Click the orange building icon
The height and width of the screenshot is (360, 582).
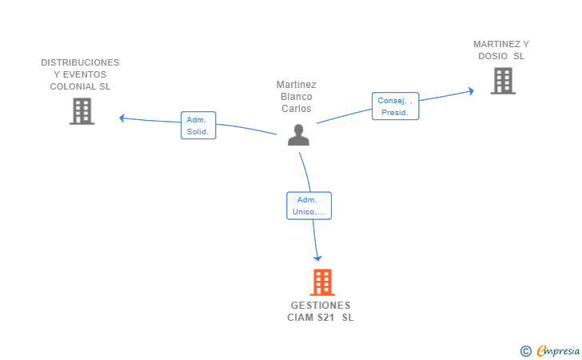click(322, 282)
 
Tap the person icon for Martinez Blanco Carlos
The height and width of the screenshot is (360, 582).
click(298, 135)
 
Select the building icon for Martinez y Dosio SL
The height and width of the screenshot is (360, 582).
click(503, 81)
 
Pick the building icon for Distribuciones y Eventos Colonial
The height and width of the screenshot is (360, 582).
click(82, 111)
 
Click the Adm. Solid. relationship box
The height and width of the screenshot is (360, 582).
click(198, 126)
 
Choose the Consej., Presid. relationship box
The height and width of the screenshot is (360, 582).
click(395, 106)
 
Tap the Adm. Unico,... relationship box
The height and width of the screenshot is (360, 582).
click(309, 206)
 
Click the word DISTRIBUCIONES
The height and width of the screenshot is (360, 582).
click(80, 62)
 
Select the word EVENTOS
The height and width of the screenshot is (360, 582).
click(85, 74)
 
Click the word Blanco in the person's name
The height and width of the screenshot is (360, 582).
click(296, 97)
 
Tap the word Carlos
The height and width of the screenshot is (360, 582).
click(296, 109)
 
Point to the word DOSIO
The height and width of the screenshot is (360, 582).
click(493, 56)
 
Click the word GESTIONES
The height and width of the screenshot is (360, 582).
click(321, 306)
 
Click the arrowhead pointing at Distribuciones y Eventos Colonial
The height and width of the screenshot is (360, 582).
click(122, 118)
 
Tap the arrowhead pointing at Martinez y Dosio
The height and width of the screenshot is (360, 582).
click(472, 91)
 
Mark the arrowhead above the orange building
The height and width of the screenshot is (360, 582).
click(317, 258)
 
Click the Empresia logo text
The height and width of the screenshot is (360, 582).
click(558, 350)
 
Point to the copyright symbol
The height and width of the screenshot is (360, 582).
click(525, 351)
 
